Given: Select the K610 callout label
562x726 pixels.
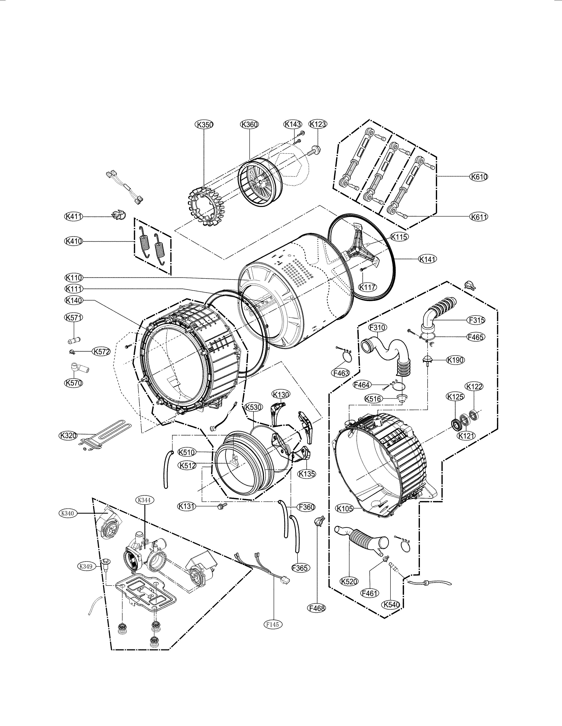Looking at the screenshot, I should pos(479,177).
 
